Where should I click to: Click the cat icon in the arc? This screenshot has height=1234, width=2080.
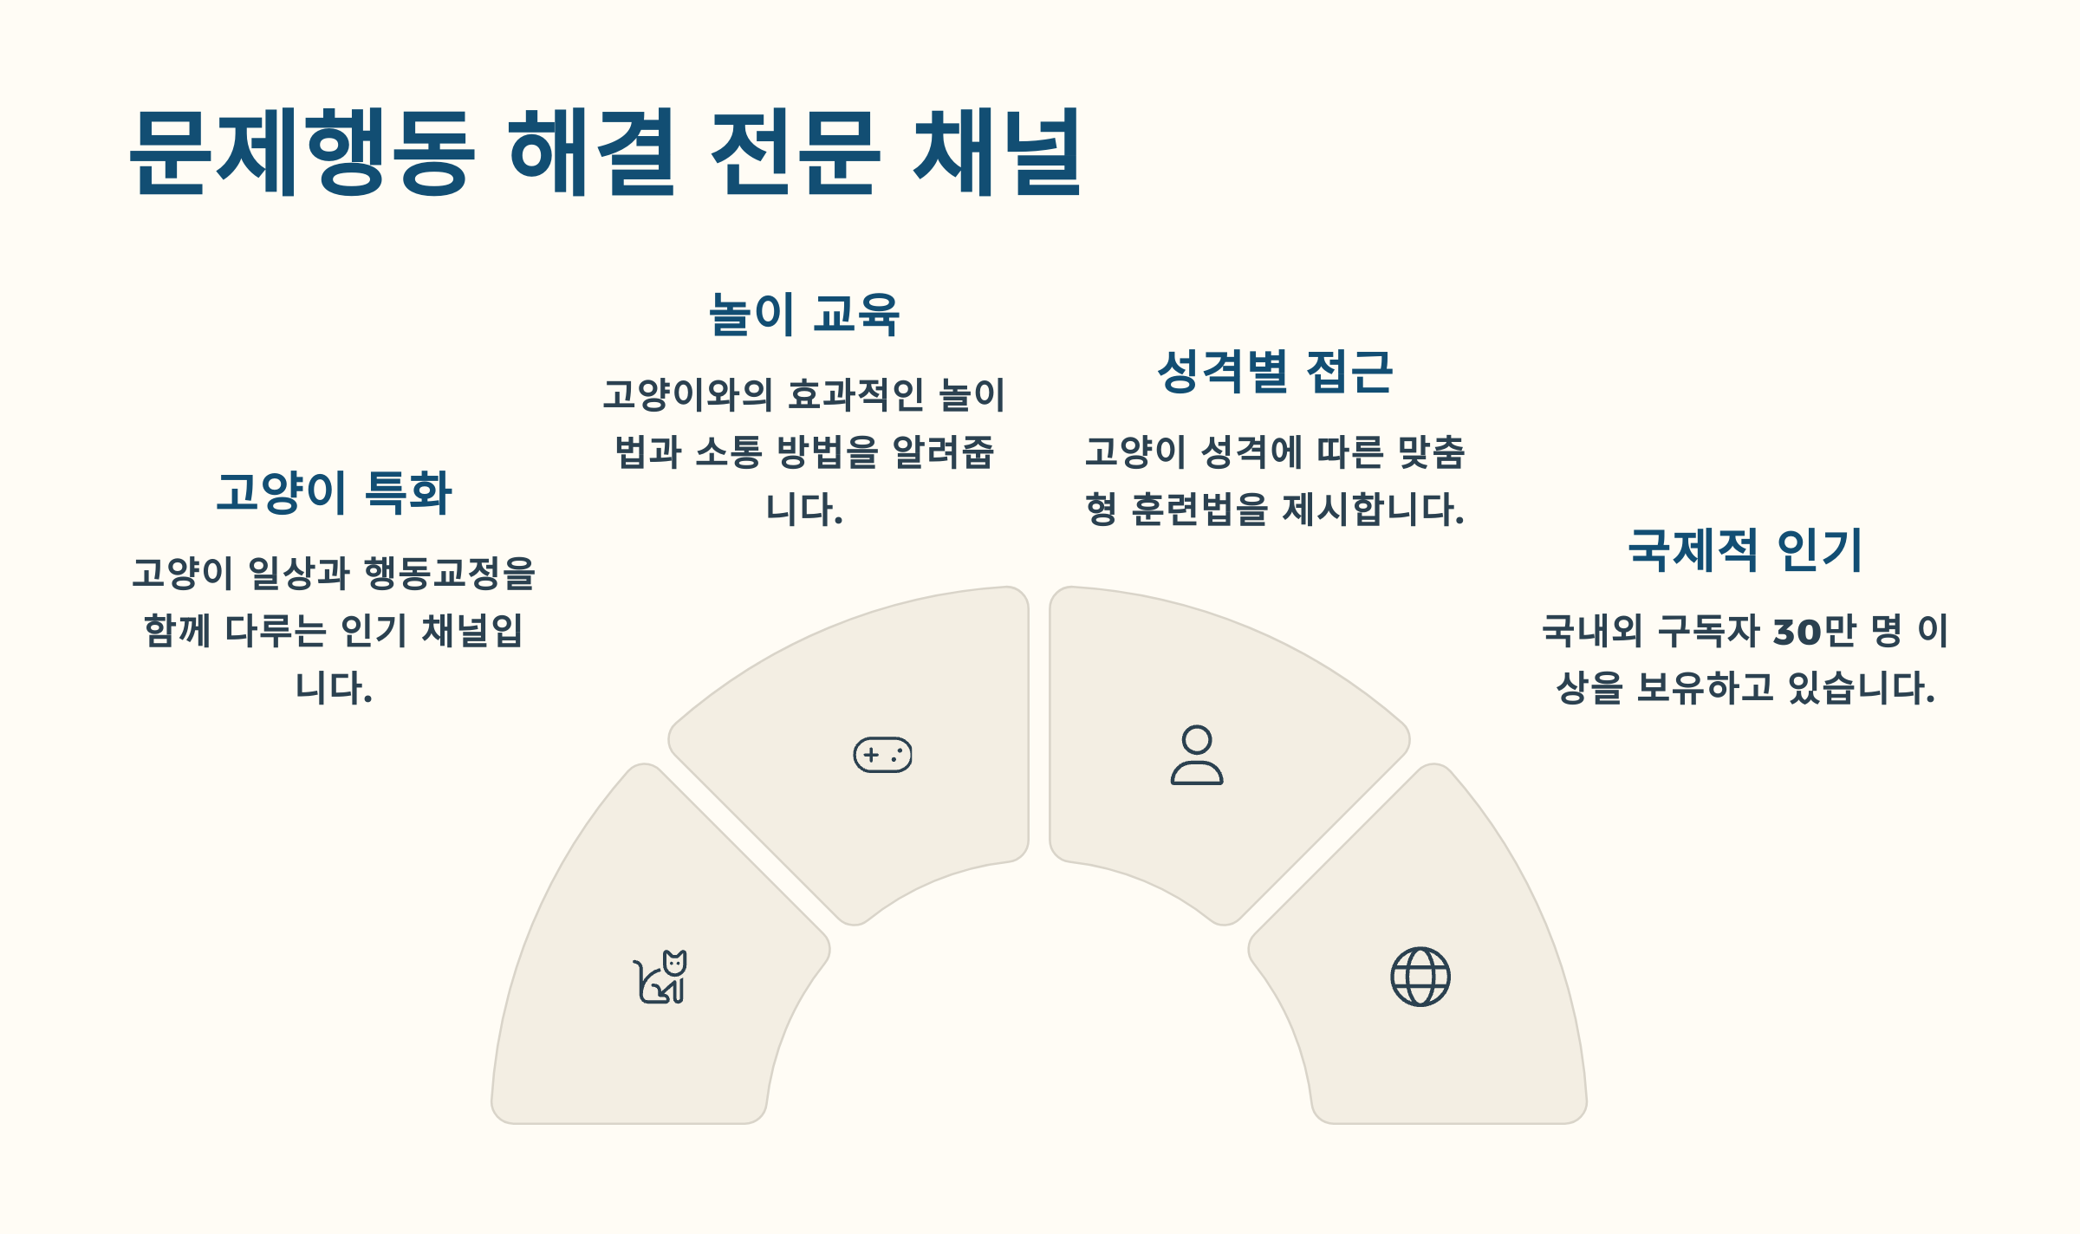pyautogui.click(x=660, y=977)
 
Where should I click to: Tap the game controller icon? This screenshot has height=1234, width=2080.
pyautogui.click(x=882, y=755)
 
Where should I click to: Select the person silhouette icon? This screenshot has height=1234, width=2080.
pyautogui.click(x=1197, y=755)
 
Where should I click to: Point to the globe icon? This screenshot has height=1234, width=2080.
pyautogui.click(x=1420, y=977)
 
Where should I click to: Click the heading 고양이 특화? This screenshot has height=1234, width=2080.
pyautogui.click(x=335, y=492)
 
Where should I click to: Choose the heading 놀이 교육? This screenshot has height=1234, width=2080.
pyautogui.click(x=804, y=314)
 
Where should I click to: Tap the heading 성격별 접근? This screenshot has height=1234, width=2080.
pyautogui.click(x=1275, y=372)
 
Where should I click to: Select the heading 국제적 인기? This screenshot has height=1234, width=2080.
pyautogui.click(x=1745, y=550)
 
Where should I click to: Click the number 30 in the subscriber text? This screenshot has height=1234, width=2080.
pyautogui.click(x=1797, y=632)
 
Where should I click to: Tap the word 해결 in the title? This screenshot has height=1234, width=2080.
pyautogui.click(x=591, y=153)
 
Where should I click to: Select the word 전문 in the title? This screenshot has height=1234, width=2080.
pyautogui.click(x=795, y=153)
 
